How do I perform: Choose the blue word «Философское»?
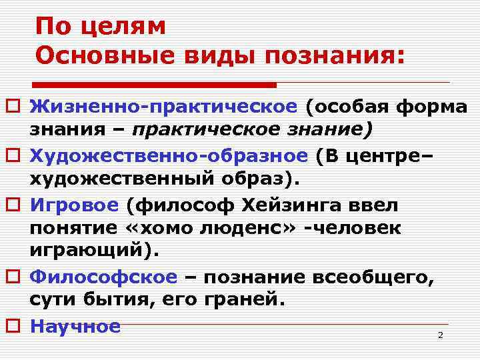coord(104,277)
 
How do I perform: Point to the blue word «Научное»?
coord(75,326)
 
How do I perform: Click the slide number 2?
coord(440,335)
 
